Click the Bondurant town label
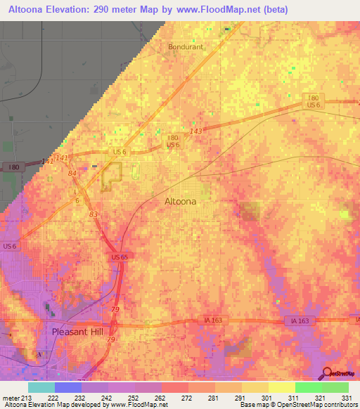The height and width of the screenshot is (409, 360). coord(185,47)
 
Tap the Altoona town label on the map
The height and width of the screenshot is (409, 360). coord(180,201)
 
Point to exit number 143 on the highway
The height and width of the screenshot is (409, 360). coord(196,131)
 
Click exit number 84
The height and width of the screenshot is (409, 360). coord(72,174)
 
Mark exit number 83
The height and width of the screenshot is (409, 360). coord(94,214)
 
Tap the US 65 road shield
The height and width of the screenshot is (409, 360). coord(118,259)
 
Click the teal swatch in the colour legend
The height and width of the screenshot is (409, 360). coord(41,387)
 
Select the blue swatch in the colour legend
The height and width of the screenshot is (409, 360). coord(68,387)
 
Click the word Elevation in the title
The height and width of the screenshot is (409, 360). coord(71,11)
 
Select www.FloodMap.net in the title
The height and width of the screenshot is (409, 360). coord(218,11)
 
